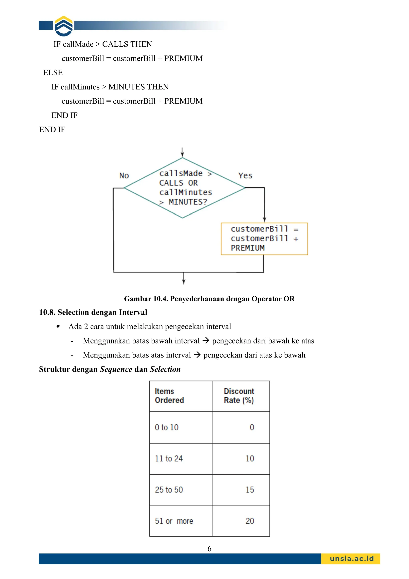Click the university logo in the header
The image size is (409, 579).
click(x=64, y=26)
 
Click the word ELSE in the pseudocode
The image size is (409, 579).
click(x=53, y=73)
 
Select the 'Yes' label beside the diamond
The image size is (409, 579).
click(x=245, y=176)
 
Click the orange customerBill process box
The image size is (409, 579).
click(x=264, y=239)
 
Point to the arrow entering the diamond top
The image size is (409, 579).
click(x=182, y=152)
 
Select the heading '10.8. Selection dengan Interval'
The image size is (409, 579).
click(x=93, y=312)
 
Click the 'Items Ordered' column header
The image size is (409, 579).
click(x=169, y=396)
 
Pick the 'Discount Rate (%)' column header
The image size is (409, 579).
click(x=239, y=396)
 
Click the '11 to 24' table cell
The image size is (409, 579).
click(x=169, y=458)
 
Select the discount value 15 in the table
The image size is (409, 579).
click(x=250, y=490)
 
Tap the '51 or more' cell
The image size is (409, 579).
click(x=174, y=521)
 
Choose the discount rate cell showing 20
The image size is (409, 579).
click(x=250, y=521)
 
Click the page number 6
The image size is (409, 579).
click(x=209, y=549)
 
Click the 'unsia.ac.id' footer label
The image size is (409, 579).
click(x=351, y=559)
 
